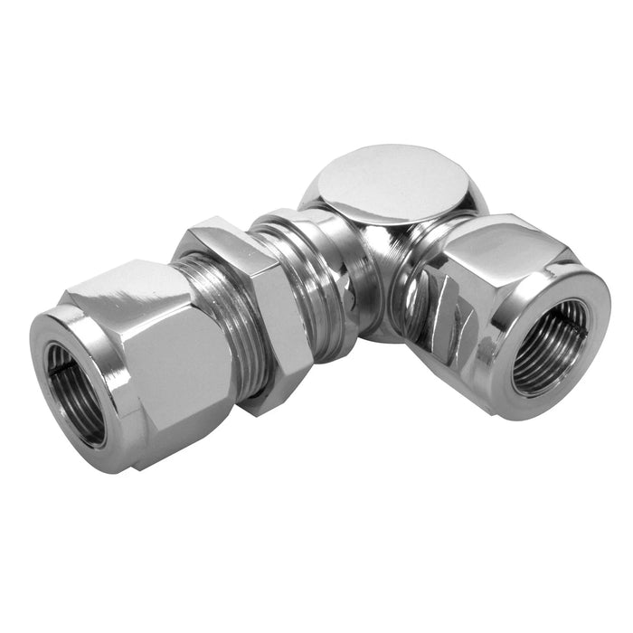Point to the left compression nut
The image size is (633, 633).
click(x=145, y=362)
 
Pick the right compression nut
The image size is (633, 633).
click(x=506, y=307)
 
